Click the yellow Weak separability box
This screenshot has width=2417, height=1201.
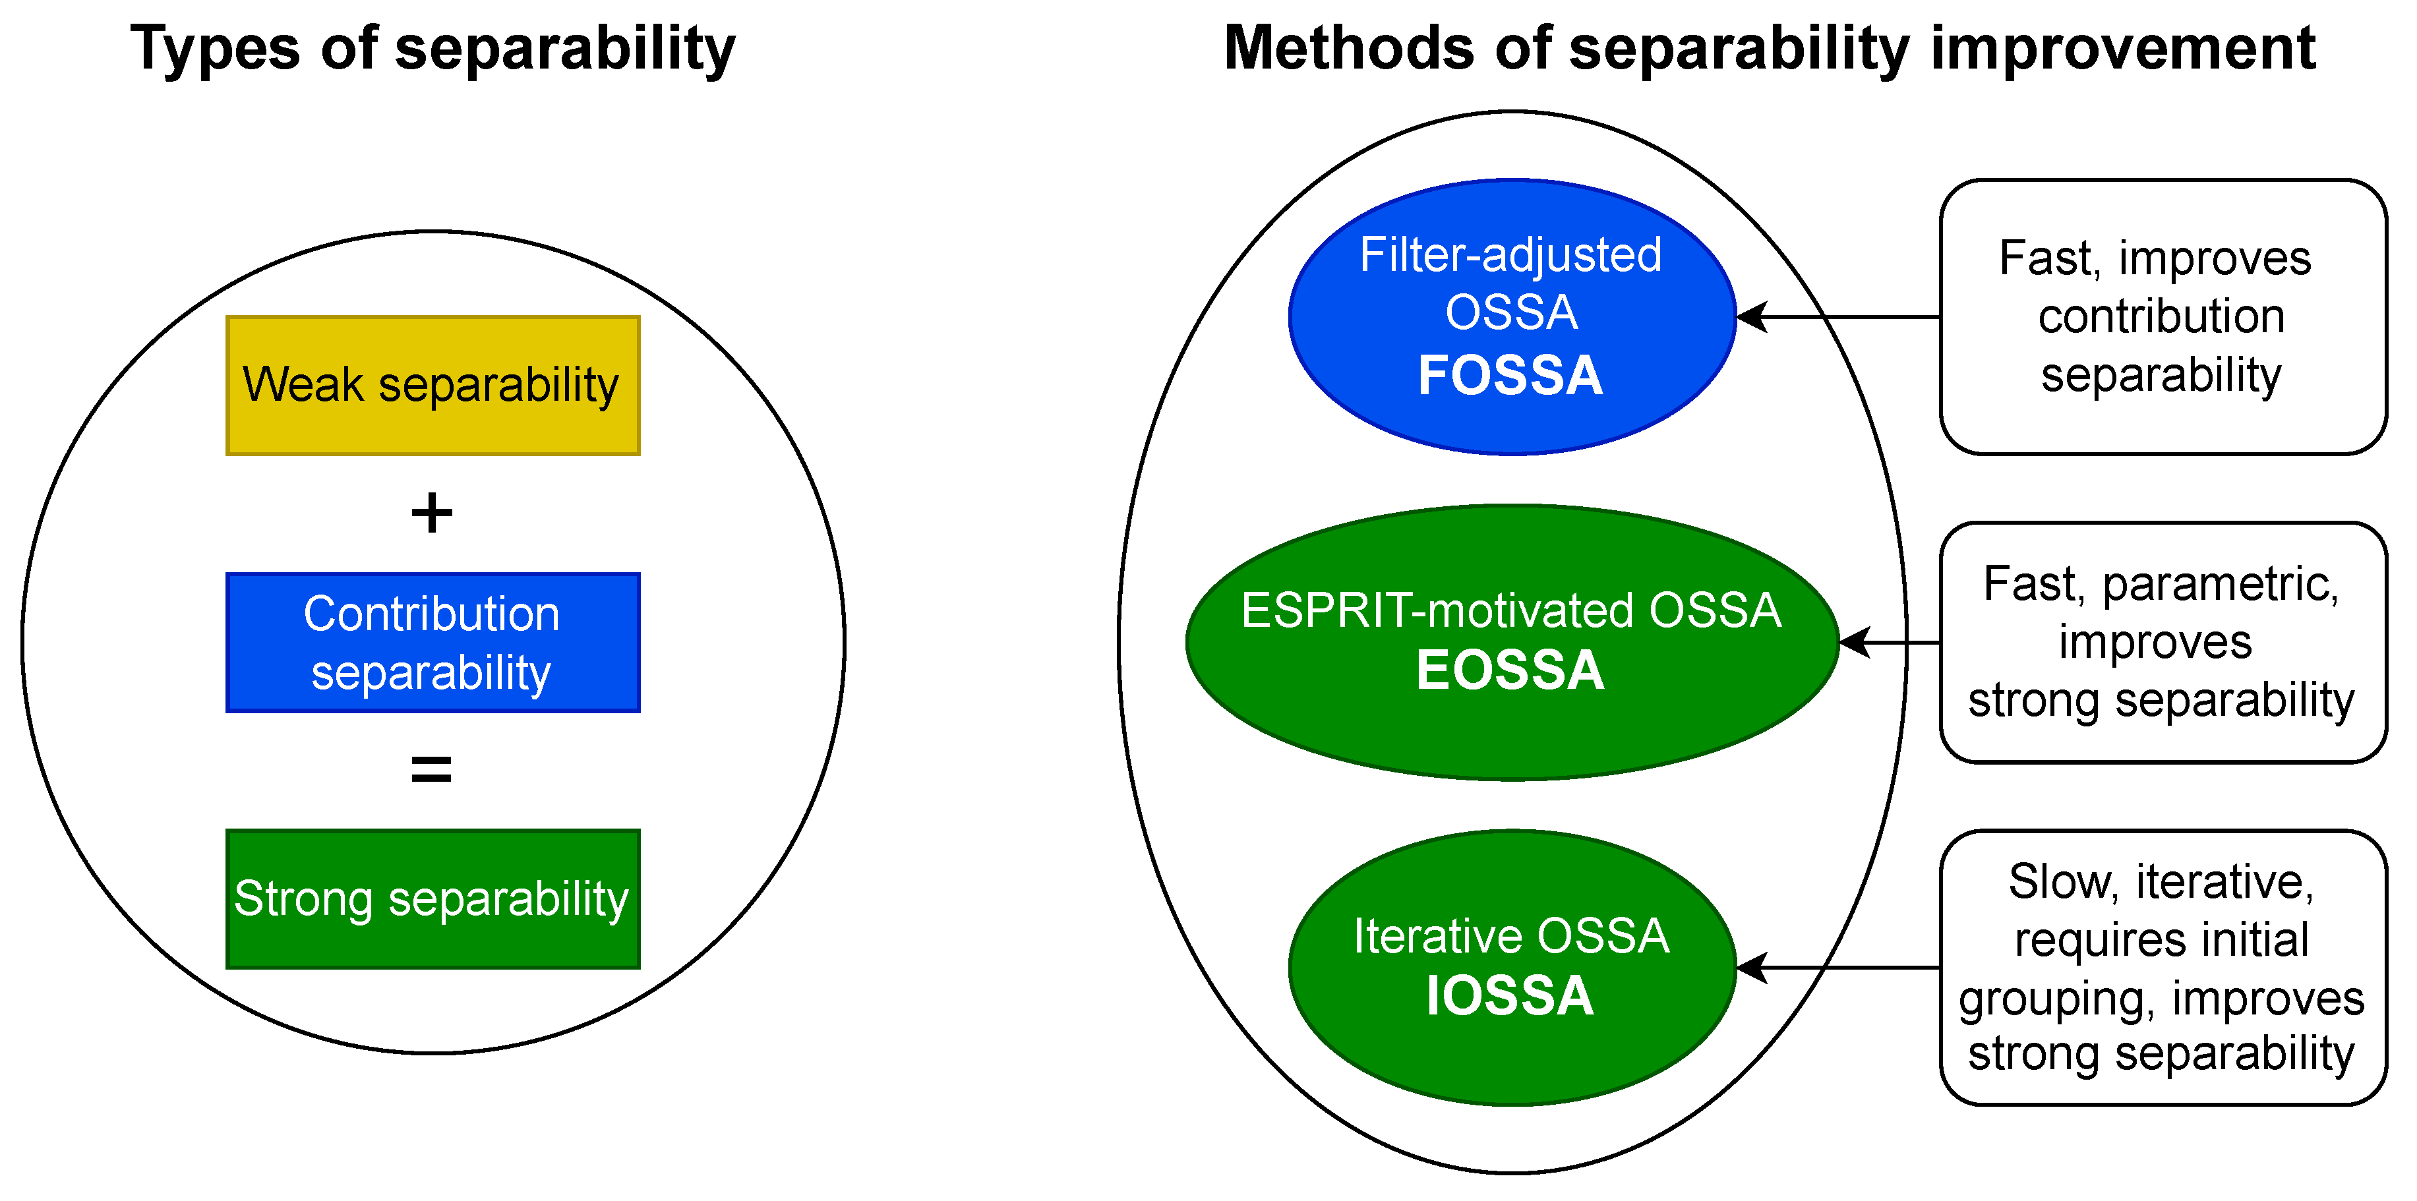click(x=433, y=386)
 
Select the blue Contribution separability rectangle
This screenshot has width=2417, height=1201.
click(x=433, y=643)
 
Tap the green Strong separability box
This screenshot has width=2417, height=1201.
click(x=433, y=899)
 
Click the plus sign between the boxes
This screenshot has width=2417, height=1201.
click(x=432, y=513)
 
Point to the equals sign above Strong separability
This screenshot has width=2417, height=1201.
click(x=432, y=769)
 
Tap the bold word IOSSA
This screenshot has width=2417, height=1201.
click(x=1510, y=995)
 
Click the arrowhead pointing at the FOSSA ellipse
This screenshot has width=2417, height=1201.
click(x=1751, y=317)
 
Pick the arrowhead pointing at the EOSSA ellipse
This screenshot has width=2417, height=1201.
click(x=1853, y=643)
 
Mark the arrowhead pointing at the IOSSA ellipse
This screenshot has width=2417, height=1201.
click(x=1751, y=968)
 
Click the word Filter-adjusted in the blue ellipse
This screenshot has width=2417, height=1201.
click(x=1510, y=255)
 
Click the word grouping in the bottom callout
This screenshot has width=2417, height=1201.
click(x=2055, y=999)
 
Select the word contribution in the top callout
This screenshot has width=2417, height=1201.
click(x=2161, y=317)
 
